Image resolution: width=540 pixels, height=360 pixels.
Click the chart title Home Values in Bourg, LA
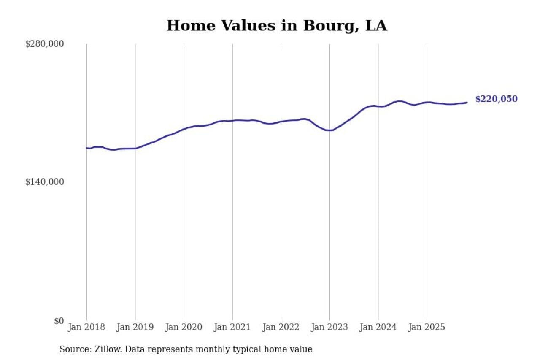pyautogui.click(x=276, y=26)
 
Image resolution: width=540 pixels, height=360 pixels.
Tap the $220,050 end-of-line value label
pyautogui.click(x=496, y=99)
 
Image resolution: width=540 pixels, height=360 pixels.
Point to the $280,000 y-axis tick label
pyautogui.click(x=45, y=44)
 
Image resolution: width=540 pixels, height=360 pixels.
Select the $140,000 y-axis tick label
pyautogui.click(x=45, y=182)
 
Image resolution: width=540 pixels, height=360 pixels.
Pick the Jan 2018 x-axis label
pyautogui.click(x=86, y=327)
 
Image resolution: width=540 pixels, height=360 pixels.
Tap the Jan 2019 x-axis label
pyautogui.click(x=135, y=327)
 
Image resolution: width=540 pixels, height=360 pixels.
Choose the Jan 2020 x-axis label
pyautogui.click(x=184, y=327)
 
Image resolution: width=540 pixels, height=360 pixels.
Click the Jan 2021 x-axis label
pyautogui.click(x=232, y=327)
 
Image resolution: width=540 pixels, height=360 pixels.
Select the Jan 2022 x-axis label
pyautogui.click(x=281, y=327)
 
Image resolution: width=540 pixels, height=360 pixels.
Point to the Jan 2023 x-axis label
pyautogui.click(x=329, y=327)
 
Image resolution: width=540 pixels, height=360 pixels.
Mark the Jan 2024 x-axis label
pyautogui.click(x=378, y=327)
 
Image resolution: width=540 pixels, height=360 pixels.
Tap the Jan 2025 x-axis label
pyautogui.click(x=427, y=327)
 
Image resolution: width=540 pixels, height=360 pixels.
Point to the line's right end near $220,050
pyautogui.click(x=467, y=103)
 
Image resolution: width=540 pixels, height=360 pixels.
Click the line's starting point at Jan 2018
pyautogui.click(x=87, y=148)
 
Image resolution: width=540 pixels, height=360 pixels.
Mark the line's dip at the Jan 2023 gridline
pyautogui.click(x=329, y=130)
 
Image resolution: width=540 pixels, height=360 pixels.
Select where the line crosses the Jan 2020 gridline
pyautogui.click(x=184, y=129)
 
